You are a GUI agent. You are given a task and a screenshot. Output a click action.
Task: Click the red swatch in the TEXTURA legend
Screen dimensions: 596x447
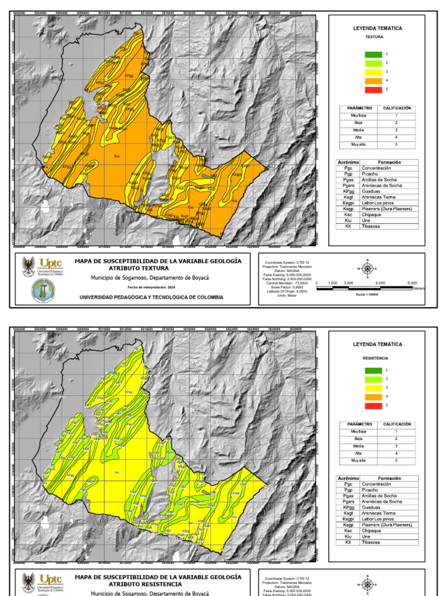coord(373,90)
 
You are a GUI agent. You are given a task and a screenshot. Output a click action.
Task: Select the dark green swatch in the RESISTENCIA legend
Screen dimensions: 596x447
coord(373,370)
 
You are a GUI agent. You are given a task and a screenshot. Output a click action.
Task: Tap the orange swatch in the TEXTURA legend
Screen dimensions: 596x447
coord(373,81)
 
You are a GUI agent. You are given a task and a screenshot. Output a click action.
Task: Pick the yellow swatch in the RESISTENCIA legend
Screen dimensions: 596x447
coord(373,388)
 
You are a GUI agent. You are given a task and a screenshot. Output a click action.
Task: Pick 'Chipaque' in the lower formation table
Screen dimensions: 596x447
coord(372,531)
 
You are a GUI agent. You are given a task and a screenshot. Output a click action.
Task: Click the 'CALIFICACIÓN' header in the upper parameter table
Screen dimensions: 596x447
coord(397,108)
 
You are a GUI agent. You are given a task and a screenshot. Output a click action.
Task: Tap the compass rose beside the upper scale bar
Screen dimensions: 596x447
coord(367,268)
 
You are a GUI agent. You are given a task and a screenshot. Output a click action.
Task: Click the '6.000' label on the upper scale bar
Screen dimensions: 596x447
coord(381,282)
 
